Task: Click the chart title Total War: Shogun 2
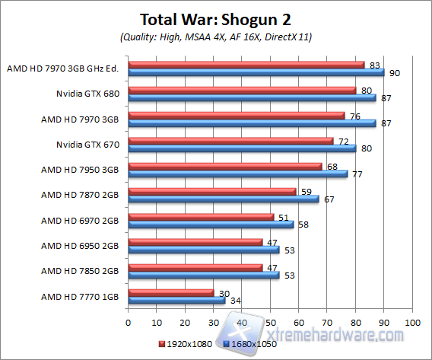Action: click(216, 19)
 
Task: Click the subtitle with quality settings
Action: click(216, 37)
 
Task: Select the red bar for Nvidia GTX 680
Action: click(242, 90)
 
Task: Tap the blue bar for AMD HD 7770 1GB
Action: click(176, 301)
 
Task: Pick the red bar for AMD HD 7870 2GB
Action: click(212, 192)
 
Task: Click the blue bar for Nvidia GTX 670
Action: click(242, 148)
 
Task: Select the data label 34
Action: click(235, 301)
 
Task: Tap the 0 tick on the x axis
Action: click(129, 322)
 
